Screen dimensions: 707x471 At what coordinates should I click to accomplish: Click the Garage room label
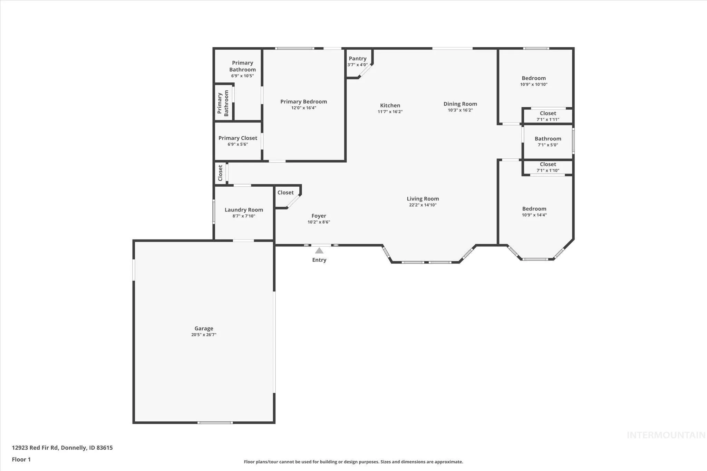tap(204, 328)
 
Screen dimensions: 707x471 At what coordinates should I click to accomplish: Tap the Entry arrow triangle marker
tap(319, 251)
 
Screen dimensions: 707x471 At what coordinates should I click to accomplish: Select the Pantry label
tap(358, 59)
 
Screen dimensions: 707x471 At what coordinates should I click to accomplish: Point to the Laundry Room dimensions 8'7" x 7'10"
tap(244, 216)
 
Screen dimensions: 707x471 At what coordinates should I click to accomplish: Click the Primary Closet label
tap(238, 138)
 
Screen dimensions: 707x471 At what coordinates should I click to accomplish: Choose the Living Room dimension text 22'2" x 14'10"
tap(423, 205)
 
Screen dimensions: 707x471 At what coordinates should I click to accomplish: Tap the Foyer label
tap(319, 216)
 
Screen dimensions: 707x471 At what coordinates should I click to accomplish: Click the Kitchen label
tap(390, 106)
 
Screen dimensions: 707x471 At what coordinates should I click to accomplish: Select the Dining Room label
tap(460, 104)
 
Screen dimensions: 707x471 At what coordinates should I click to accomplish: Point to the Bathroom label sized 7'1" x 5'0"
tap(548, 139)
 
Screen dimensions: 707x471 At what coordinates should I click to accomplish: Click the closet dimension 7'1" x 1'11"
tap(548, 120)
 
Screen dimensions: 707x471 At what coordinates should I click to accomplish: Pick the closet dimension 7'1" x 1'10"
tap(548, 170)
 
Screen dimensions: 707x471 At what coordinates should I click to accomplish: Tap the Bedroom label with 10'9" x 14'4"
tap(534, 209)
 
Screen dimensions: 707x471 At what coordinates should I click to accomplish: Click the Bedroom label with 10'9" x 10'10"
tap(534, 78)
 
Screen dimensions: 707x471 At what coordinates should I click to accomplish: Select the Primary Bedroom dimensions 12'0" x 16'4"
tap(303, 108)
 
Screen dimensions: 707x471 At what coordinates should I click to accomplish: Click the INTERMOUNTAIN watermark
tap(666, 435)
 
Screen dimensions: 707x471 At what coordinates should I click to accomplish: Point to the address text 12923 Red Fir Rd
tap(35, 448)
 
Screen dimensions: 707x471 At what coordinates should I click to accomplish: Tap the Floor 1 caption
tap(21, 459)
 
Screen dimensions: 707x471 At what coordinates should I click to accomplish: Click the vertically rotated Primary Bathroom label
tap(223, 103)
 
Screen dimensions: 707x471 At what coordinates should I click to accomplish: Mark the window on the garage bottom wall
tap(215, 422)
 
